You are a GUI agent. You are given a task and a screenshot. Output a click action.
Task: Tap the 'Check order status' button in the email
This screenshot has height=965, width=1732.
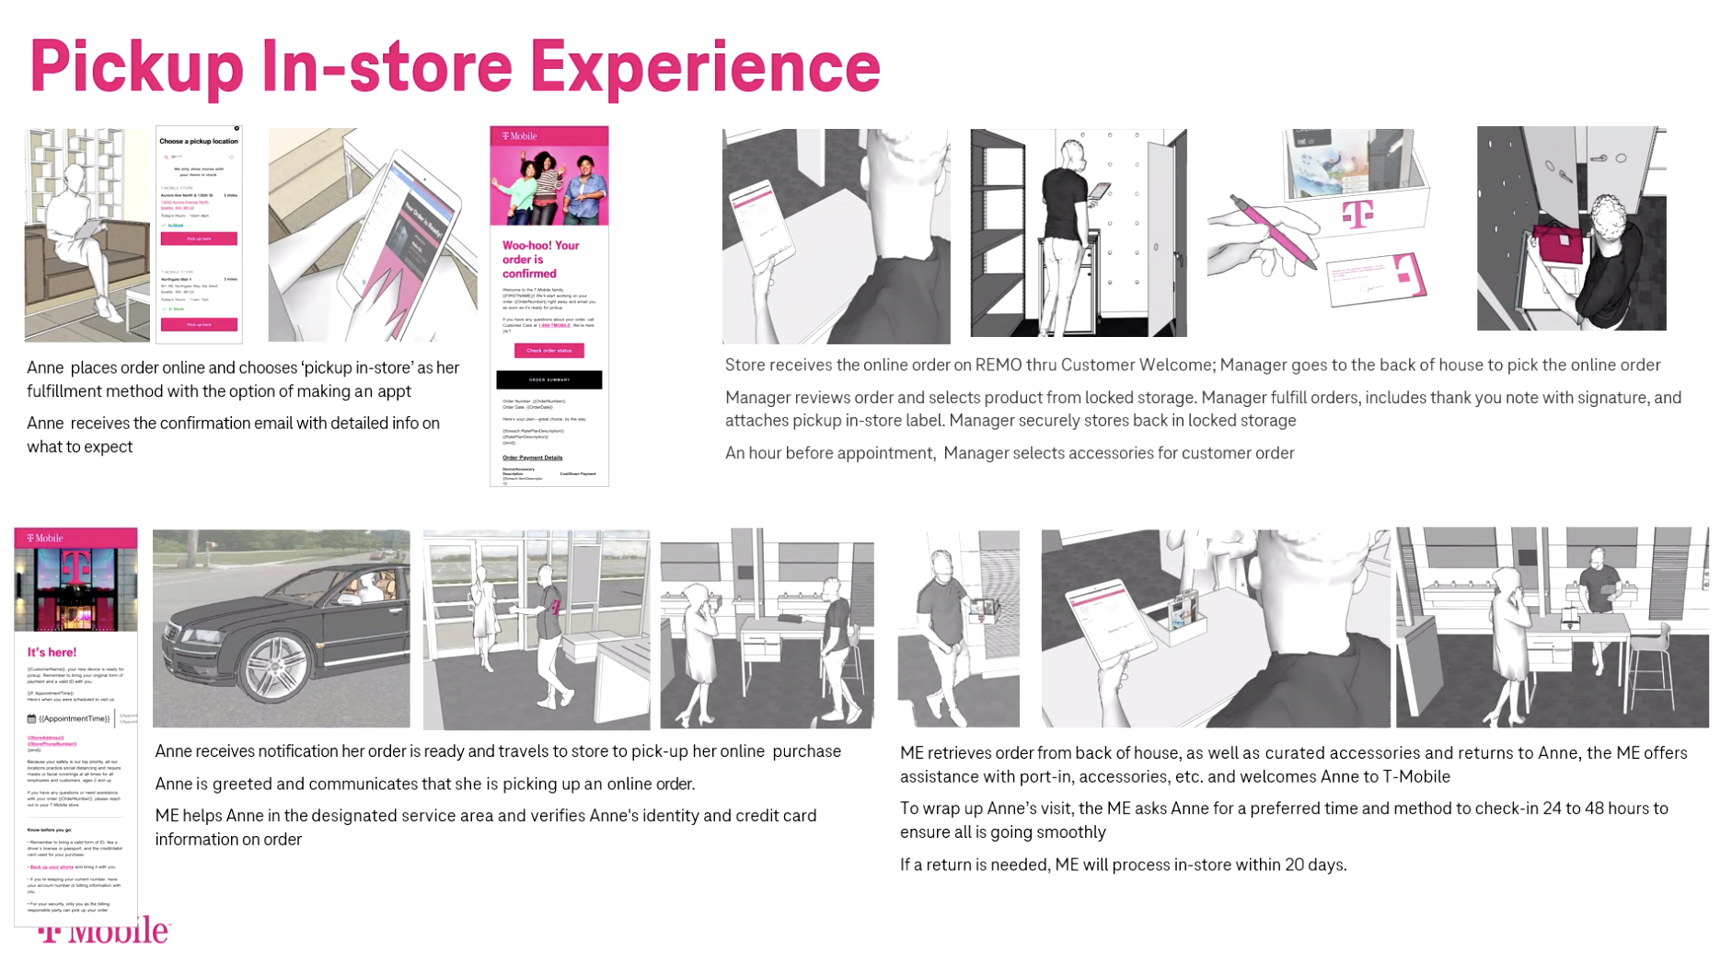[548, 351]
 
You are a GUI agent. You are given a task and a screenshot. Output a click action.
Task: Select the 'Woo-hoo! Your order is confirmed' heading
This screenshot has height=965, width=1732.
[541, 260]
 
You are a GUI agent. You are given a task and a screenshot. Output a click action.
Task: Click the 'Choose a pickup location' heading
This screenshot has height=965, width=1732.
[199, 142]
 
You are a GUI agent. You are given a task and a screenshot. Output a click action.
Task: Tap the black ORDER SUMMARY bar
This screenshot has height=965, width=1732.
[548, 379]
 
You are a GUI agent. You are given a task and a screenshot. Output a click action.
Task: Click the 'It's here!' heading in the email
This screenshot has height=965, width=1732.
[52, 653]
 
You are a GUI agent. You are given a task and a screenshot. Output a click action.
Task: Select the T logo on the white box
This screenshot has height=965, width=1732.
[1357, 215]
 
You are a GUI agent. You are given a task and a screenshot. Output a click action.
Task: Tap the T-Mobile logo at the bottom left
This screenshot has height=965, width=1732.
[104, 932]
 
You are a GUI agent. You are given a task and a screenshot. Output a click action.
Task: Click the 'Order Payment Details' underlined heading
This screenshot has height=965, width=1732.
[532, 458]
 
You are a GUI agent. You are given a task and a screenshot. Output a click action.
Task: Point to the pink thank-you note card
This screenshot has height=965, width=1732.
[1378, 280]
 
